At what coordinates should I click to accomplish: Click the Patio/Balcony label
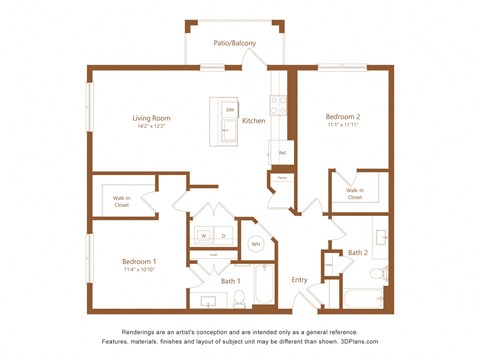[234, 43]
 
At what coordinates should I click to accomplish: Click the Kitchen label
[253, 121]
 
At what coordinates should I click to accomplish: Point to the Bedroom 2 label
[342, 117]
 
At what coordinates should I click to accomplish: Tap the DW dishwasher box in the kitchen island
[229, 109]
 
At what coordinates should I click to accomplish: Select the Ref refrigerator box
[282, 152]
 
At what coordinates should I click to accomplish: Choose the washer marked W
[204, 236]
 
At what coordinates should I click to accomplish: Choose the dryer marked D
[224, 236]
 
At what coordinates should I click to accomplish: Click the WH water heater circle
[255, 243]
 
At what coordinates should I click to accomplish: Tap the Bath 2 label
[358, 253]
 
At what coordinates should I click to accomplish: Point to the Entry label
[299, 280]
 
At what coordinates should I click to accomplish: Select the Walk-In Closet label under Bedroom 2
[355, 193]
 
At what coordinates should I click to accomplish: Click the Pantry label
[282, 178]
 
